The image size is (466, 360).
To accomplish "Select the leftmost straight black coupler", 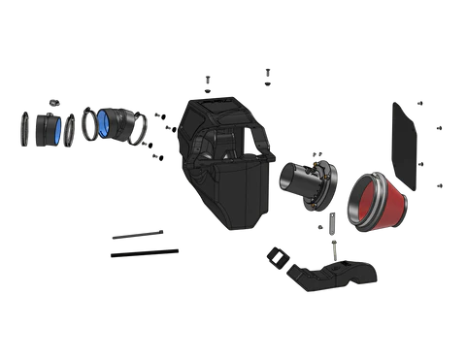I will (45, 130).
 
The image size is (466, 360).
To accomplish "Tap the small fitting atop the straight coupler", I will (54, 101).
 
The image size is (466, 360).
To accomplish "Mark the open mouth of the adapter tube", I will (286, 180).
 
